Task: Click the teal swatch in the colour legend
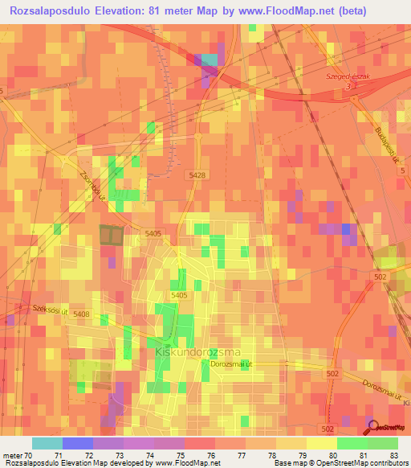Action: (x=47, y=443)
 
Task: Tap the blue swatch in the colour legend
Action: (x=78, y=443)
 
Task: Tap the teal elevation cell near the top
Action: (x=210, y=60)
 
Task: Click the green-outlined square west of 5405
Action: (x=112, y=235)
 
